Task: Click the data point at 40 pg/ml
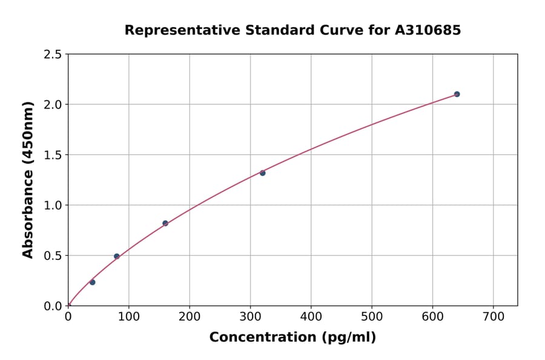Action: click(92, 282)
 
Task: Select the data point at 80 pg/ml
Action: click(117, 256)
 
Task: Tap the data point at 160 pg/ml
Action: click(165, 223)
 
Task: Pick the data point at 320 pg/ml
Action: click(263, 173)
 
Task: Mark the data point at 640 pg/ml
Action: click(457, 94)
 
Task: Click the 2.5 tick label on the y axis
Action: click(52, 55)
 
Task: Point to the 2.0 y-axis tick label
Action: click(52, 105)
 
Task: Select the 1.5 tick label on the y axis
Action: click(52, 155)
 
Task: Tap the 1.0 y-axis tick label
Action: click(52, 205)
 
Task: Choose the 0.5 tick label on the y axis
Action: click(52, 256)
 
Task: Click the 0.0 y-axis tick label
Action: click(52, 306)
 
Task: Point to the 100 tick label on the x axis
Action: click(128, 317)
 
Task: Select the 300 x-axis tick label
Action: click(250, 317)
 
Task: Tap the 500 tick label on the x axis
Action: click(372, 317)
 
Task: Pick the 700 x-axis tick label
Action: click(493, 317)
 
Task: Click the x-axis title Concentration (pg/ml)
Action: click(292, 338)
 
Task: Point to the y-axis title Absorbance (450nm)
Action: click(28, 179)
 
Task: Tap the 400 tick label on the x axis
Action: click(311, 317)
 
